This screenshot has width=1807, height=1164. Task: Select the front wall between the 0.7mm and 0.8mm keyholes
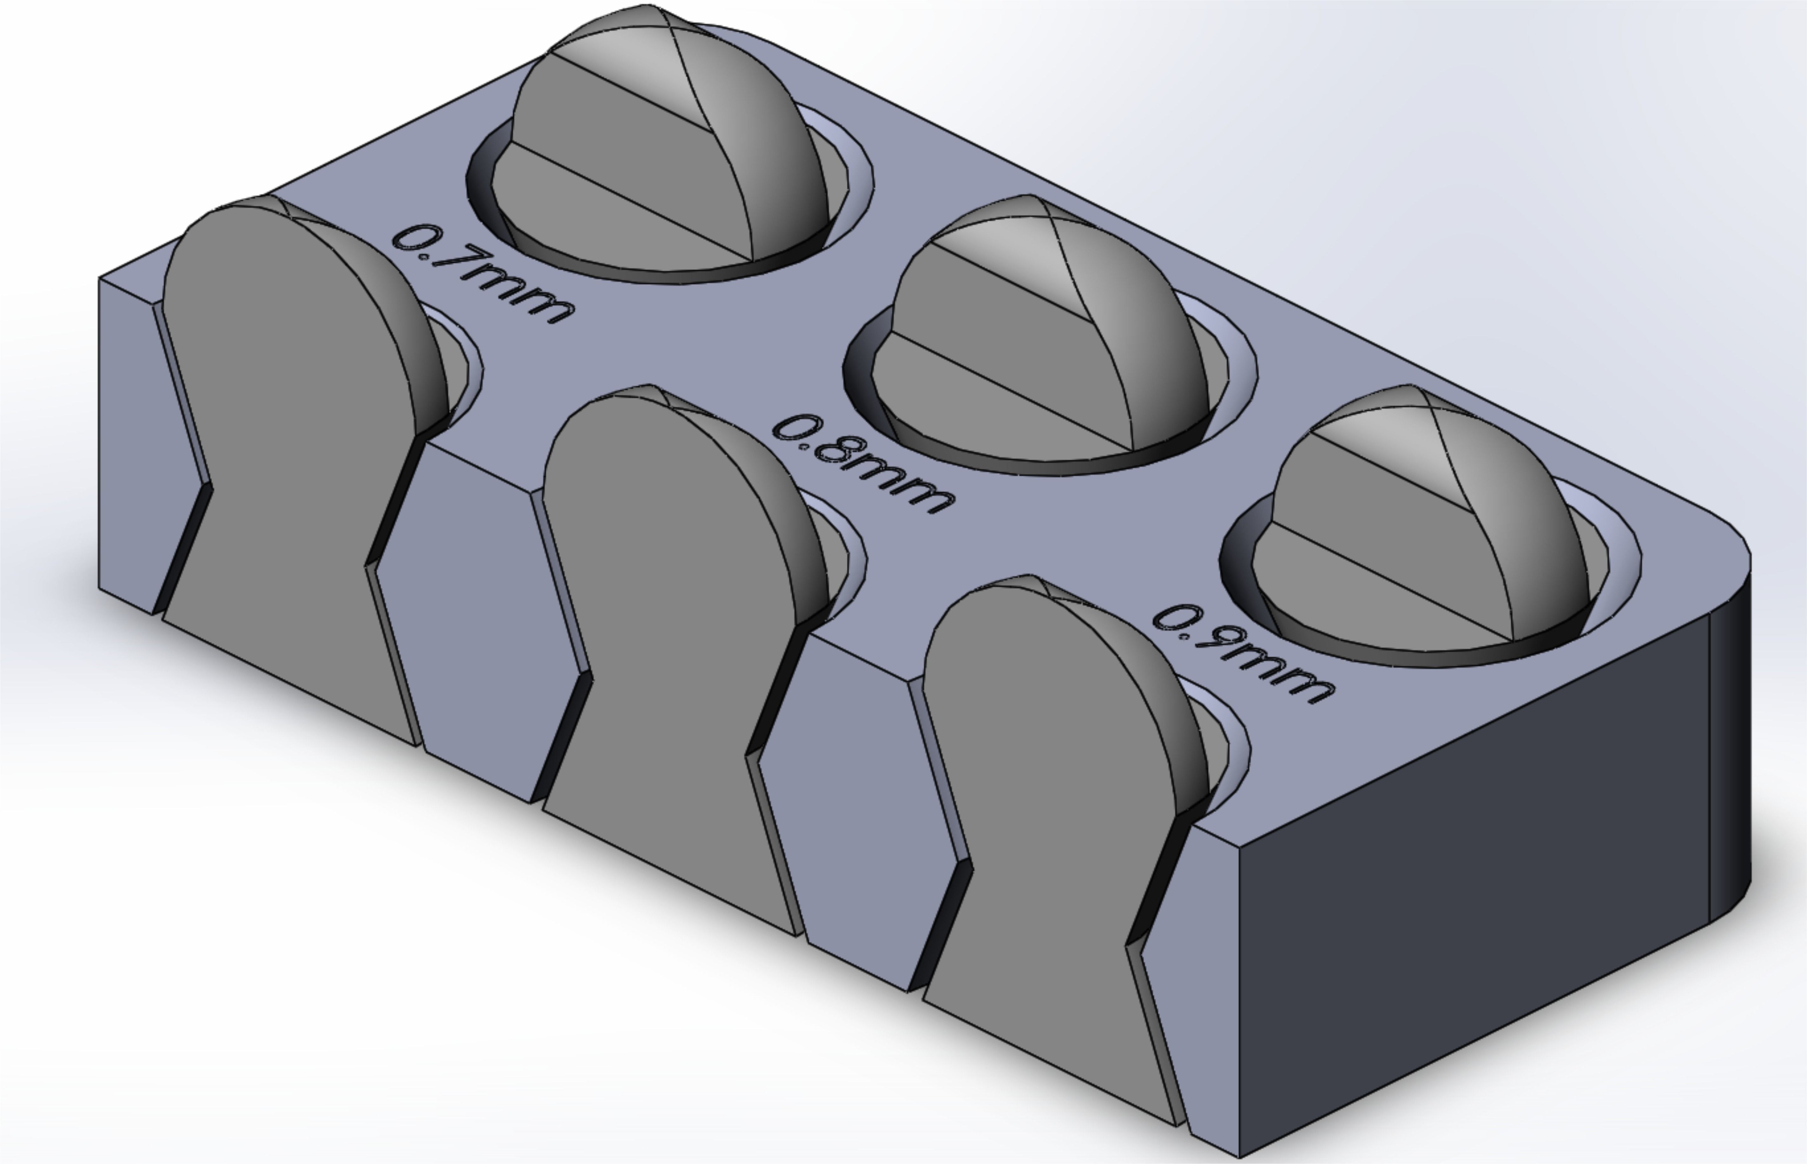click(476, 620)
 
